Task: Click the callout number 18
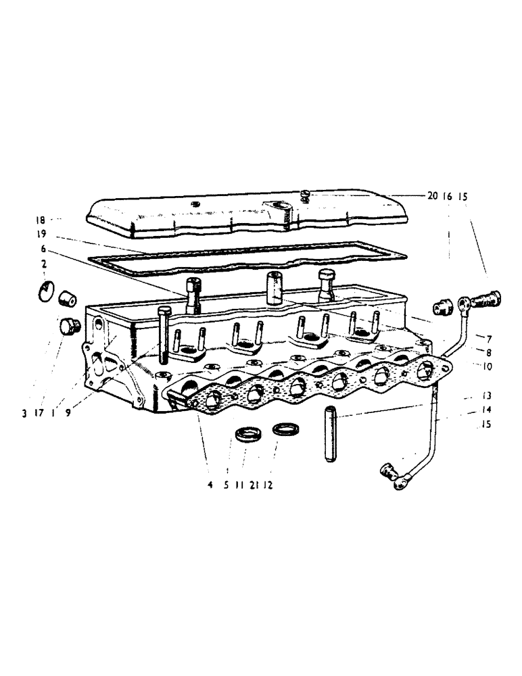(x=41, y=220)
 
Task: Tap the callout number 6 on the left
(x=42, y=249)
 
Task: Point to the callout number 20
(x=432, y=196)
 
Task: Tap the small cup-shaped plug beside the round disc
(x=66, y=297)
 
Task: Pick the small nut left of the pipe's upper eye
(x=444, y=307)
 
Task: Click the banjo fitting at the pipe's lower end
(x=392, y=475)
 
